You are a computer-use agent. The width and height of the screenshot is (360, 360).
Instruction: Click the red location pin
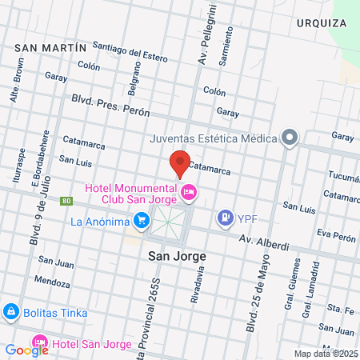tap(180, 163)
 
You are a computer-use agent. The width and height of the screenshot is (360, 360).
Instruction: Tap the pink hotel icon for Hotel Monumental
tap(190, 190)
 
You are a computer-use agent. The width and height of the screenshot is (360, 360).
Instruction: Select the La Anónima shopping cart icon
tap(142, 219)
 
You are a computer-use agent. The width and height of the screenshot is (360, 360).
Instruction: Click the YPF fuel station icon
tap(226, 217)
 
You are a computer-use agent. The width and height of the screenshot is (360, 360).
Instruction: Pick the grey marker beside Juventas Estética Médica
tap(290, 138)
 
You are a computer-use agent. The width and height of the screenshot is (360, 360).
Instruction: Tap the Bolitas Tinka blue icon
tap(11, 311)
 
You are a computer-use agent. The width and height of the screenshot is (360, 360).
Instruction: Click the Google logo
tap(26, 350)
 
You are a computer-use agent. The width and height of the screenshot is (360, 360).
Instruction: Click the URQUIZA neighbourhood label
tap(321, 23)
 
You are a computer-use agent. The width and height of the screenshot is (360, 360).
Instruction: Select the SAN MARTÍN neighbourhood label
tap(50, 48)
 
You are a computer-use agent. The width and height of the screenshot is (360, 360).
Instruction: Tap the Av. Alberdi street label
tap(265, 242)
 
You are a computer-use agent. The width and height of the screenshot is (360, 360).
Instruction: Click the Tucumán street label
tap(345, 177)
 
